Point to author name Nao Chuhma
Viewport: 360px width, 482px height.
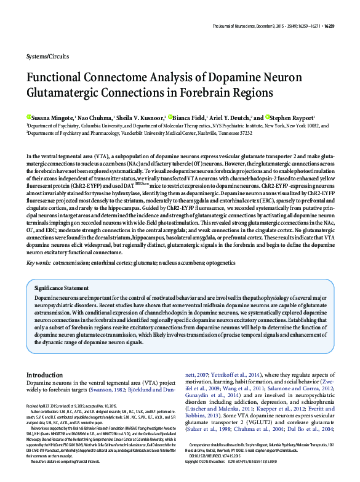pyautogui.click(x=95, y=118)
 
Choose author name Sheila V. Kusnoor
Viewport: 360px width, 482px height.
pyautogui.click(x=142, y=118)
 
